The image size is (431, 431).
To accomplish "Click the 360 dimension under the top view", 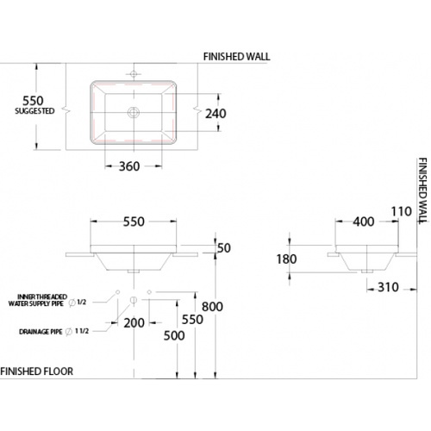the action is click(129, 166).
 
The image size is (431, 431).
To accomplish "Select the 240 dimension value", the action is click(215, 114).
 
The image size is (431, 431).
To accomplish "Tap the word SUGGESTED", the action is click(34, 111).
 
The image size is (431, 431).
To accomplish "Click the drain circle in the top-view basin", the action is click(134, 112).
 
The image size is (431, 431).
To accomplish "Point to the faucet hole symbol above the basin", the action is click(134, 74).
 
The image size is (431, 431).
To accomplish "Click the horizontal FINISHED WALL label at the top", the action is click(237, 57).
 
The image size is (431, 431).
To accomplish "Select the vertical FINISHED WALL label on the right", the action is click(422, 191).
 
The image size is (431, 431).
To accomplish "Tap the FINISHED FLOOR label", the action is click(37, 372).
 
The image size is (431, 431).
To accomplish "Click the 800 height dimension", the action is click(212, 307).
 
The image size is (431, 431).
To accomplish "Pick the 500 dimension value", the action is click(174, 335).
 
